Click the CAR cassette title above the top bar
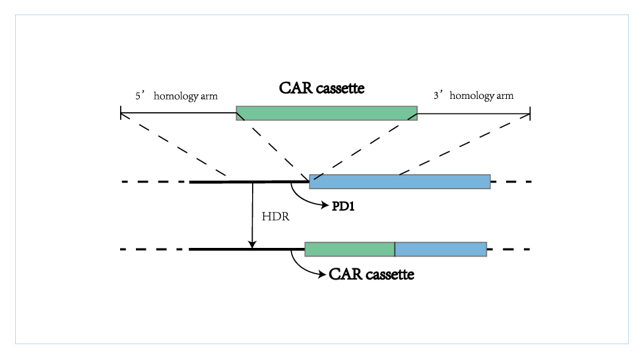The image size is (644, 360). [321, 88]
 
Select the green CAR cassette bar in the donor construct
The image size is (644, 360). [327, 113]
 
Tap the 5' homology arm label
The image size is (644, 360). [177, 96]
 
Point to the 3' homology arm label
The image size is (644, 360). [474, 96]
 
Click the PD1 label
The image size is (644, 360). [343, 206]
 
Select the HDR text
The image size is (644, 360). [276, 216]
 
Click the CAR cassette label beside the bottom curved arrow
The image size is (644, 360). [371, 274]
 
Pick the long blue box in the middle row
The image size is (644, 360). [400, 181]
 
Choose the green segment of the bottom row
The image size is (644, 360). [350, 249]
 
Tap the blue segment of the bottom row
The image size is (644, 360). [441, 249]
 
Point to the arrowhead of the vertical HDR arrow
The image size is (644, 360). [252, 244]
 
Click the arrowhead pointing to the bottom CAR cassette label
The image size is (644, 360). [323, 274]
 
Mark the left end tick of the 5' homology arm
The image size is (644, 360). [121, 113]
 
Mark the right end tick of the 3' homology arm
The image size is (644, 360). [531, 113]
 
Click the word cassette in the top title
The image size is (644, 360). [340, 88]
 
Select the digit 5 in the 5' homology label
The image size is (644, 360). [138, 96]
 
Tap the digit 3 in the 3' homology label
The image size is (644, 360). [435, 96]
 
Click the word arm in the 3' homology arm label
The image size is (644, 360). [505, 96]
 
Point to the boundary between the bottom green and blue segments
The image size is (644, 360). [395, 249]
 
